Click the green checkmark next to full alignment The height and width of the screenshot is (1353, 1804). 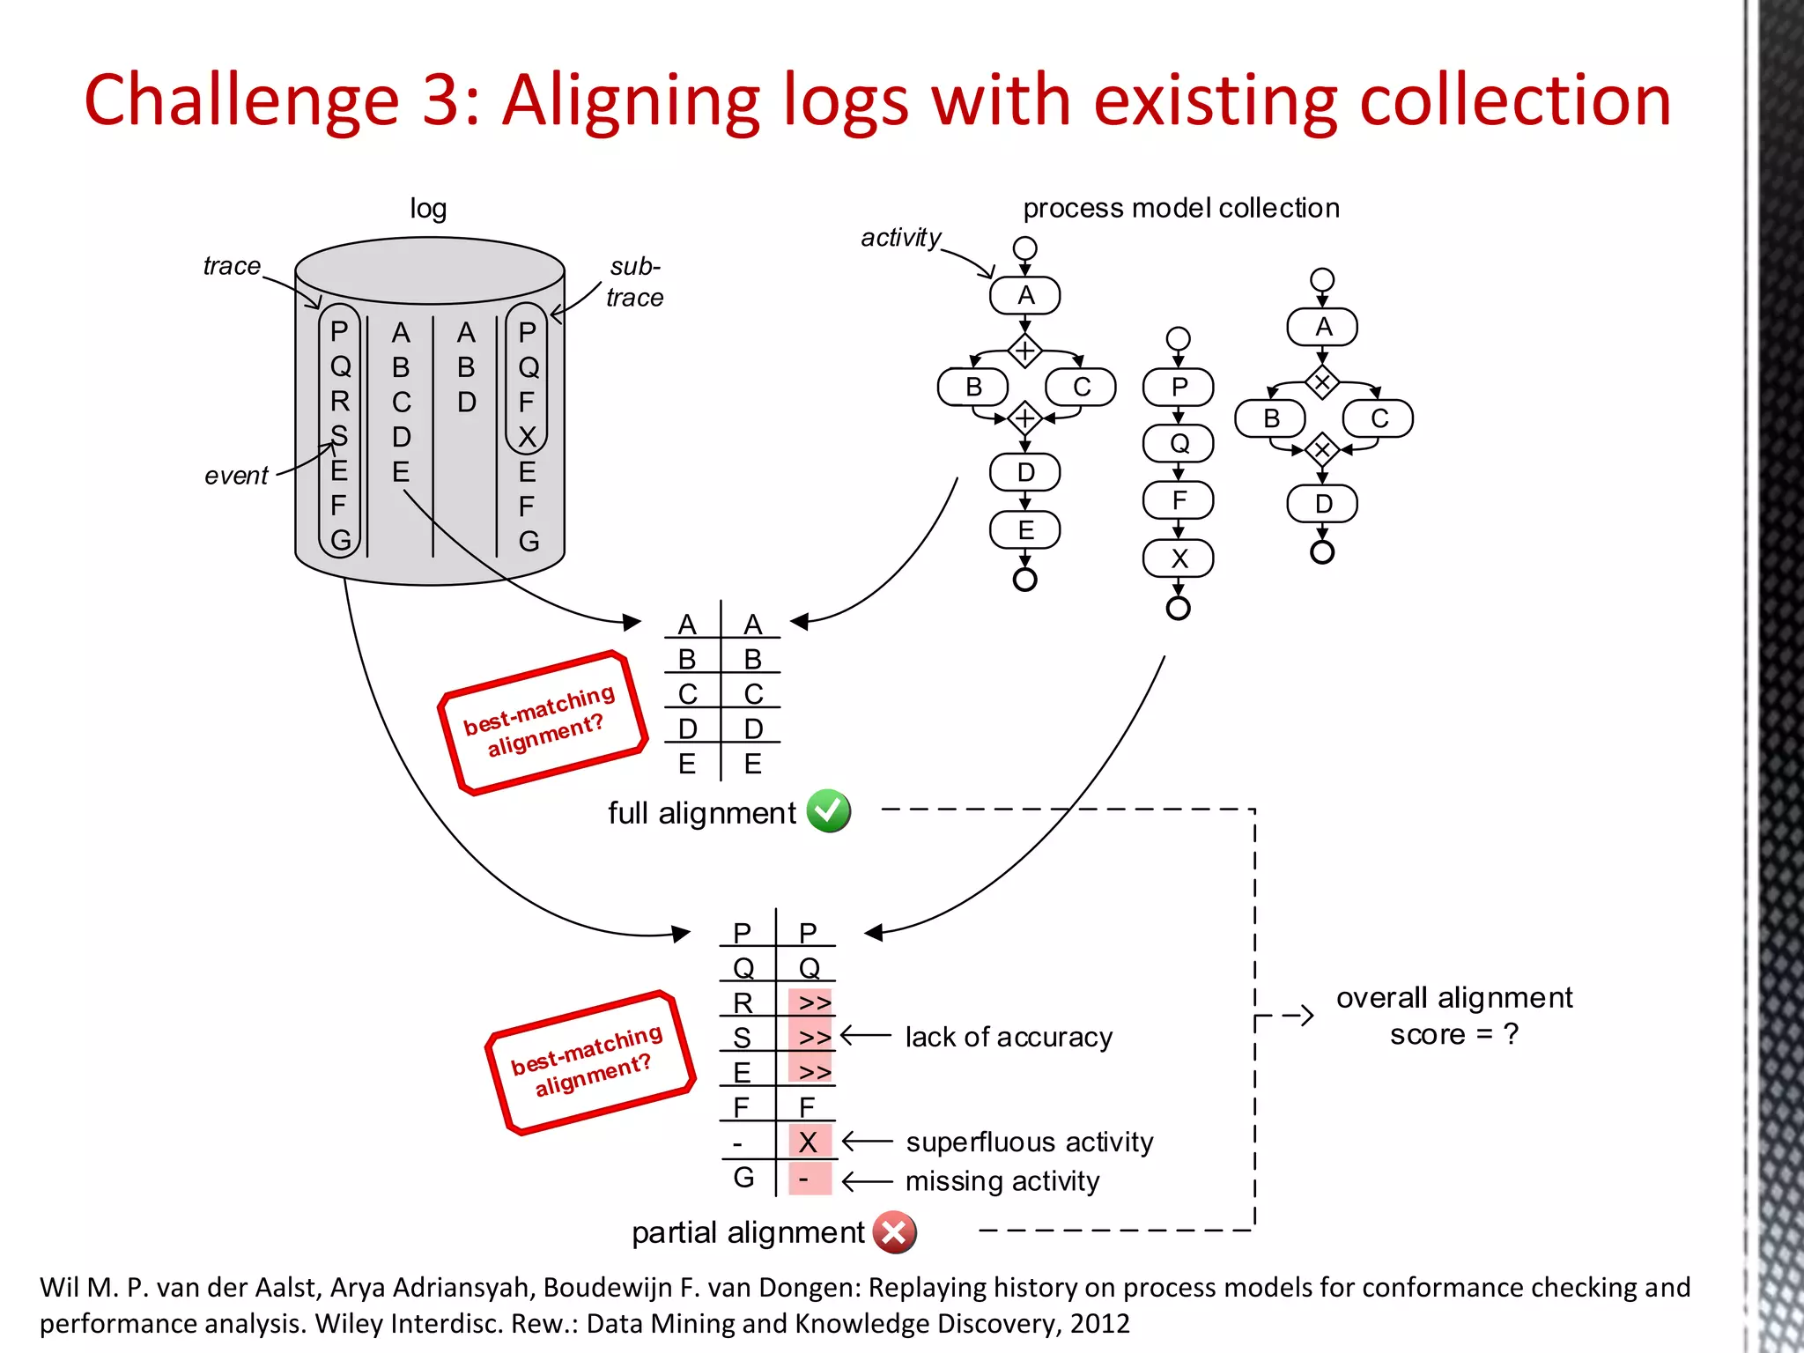(x=828, y=811)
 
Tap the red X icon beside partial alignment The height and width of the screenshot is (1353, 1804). (x=894, y=1232)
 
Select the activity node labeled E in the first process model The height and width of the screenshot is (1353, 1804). (x=1024, y=530)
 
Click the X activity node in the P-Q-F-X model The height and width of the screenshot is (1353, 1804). (x=1178, y=558)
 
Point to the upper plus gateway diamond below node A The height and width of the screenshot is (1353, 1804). (x=1024, y=351)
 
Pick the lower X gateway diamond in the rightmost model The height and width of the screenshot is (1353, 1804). (x=1321, y=450)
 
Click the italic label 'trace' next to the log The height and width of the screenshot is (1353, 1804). (x=232, y=266)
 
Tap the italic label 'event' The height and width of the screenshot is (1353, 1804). (x=236, y=476)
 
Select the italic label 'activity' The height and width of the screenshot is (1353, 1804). (x=900, y=238)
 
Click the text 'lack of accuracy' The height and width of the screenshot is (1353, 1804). (x=1009, y=1037)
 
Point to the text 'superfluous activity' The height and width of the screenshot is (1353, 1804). (x=1029, y=1142)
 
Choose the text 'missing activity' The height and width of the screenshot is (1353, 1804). (x=1002, y=1180)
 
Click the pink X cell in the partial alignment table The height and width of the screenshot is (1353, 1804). (x=809, y=1142)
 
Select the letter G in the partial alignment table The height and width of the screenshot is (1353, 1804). (x=743, y=1178)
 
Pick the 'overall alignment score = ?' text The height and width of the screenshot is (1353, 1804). (x=1453, y=1016)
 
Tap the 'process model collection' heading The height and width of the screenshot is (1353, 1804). (x=1180, y=208)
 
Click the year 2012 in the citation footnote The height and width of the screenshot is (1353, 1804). (x=1099, y=1323)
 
